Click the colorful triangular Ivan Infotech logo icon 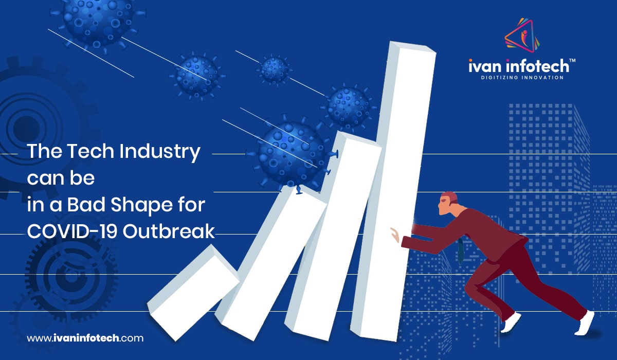point(522,36)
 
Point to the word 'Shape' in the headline point(130,206)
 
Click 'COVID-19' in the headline point(72,231)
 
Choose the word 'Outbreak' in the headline point(169,231)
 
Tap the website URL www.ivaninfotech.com point(85,338)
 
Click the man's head point(448,203)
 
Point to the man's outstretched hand point(395,235)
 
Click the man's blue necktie point(460,250)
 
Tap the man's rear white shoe point(585,323)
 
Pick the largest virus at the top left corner point(97,22)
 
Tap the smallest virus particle point(274,69)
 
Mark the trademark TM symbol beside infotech point(572,61)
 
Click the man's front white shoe point(511,322)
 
